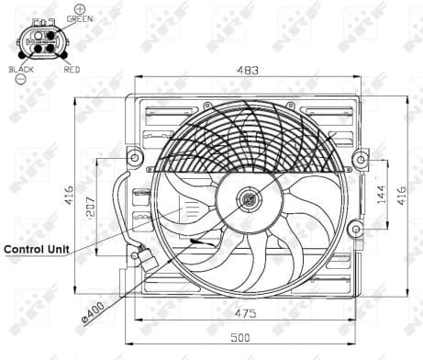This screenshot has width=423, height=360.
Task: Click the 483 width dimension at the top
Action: (x=244, y=69)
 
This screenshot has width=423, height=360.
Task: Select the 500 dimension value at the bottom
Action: (x=240, y=338)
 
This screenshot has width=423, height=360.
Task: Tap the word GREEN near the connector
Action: (x=79, y=19)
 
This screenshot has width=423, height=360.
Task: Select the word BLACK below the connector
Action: (x=20, y=69)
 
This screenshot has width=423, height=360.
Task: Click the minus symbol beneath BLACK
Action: (x=19, y=80)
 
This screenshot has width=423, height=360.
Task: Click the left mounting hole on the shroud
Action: (x=135, y=158)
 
